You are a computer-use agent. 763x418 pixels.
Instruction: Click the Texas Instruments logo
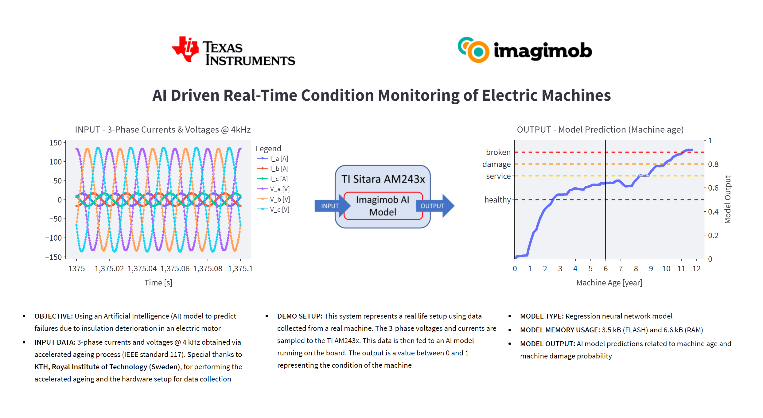click(233, 51)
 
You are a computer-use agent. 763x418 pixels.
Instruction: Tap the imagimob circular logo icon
click(473, 50)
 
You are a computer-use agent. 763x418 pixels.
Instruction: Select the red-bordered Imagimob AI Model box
click(383, 206)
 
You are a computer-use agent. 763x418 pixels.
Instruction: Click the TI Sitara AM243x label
click(383, 179)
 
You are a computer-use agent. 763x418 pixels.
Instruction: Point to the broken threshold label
click(498, 152)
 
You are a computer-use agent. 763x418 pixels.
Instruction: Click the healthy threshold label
click(497, 200)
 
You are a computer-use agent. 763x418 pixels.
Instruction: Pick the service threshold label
click(498, 176)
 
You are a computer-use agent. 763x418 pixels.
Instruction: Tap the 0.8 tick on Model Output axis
click(713, 164)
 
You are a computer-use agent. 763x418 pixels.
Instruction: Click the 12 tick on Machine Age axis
click(696, 269)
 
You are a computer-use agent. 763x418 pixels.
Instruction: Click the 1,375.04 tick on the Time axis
click(142, 269)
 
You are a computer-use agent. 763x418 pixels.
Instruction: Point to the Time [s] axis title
click(158, 283)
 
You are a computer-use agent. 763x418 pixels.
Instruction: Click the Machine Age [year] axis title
click(609, 283)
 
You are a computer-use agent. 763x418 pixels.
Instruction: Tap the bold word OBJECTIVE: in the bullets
click(53, 316)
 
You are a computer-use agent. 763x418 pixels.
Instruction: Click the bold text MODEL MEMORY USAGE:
click(560, 330)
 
